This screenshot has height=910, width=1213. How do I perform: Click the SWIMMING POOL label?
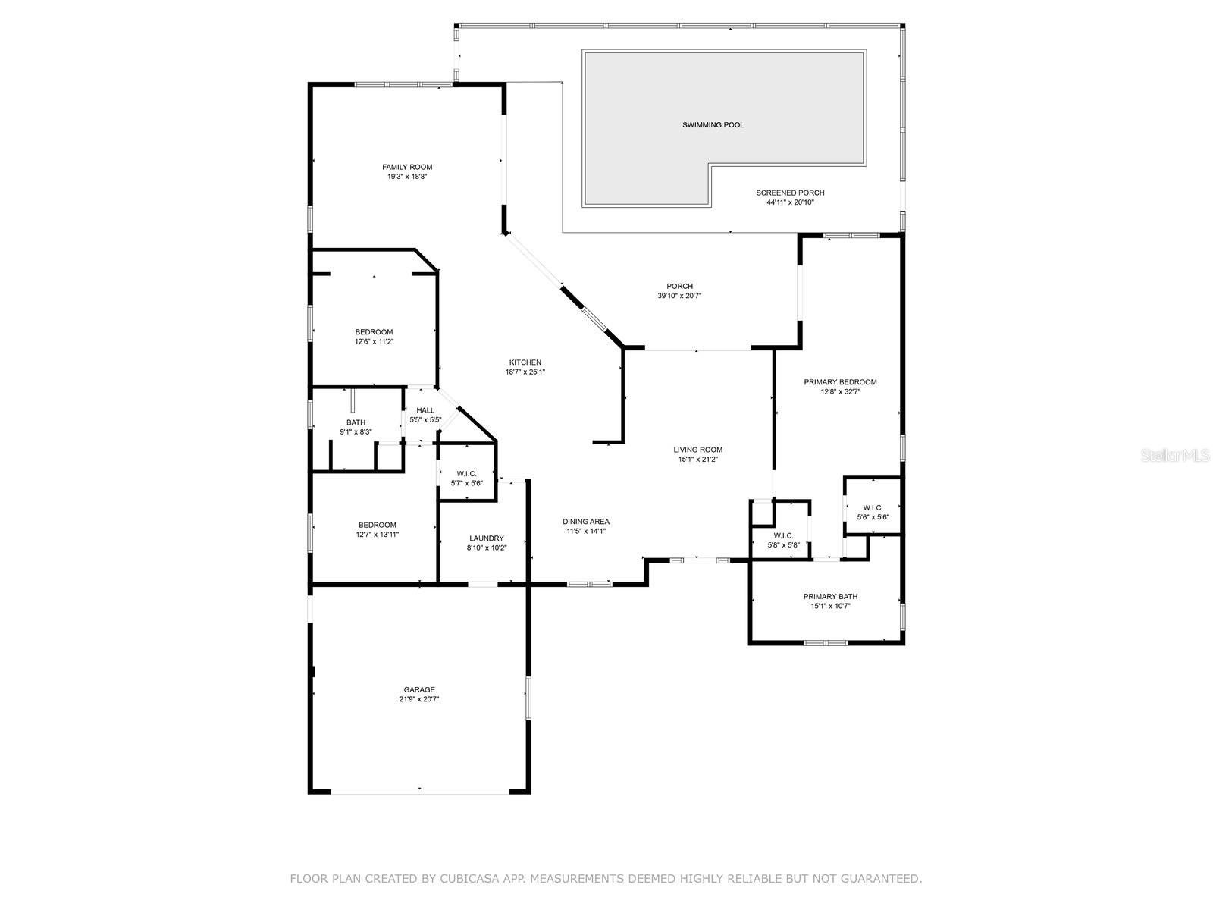click(713, 125)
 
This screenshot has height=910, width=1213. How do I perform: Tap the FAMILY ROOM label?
click(406, 167)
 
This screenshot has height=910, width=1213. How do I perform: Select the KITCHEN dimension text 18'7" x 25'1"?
click(525, 372)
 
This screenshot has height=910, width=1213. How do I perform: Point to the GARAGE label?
click(419, 689)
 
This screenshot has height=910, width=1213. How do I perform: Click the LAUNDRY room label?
click(486, 538)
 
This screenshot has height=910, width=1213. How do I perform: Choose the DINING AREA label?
click(586, 522)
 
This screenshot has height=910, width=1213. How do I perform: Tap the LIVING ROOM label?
click(697, 450)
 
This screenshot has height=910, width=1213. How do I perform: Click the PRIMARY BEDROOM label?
click(840, 381)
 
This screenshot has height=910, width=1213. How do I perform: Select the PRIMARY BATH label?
click(830, 596)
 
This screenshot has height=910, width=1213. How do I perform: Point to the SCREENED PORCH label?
click(790, 193)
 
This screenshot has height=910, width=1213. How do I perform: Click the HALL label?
click(425, 410)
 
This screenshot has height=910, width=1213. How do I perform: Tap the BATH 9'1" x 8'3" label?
click(356, 427)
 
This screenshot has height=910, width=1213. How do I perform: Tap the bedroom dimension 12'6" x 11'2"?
click(374, 341)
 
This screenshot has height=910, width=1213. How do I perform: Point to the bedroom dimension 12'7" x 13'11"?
click(377, 535)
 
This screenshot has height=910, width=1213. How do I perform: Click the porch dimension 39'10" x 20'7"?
click(679, 296)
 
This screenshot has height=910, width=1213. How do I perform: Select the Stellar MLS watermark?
click(1175, 455)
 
